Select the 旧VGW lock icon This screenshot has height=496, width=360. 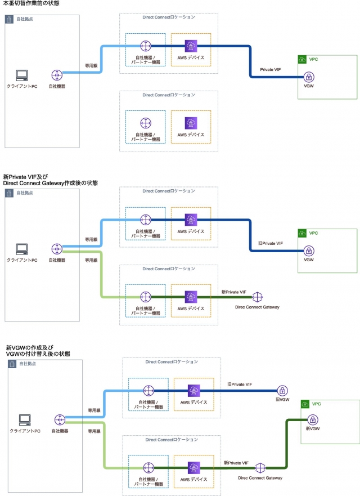pos(282,390)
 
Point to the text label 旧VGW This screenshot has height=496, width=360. pos(282,400)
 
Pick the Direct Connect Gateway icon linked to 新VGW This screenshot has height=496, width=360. pos(260,467)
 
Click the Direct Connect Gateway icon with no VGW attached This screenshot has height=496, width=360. pos(258,297)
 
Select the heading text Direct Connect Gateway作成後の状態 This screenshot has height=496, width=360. pos(51,183)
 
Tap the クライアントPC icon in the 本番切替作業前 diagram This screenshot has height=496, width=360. pos(21,75)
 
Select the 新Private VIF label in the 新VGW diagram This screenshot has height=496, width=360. pos(236,462)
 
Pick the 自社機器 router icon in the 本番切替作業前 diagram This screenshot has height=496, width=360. pos(57,75)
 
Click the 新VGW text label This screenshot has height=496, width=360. pos(312,429)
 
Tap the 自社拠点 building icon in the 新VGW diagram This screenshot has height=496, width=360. pos(12,364)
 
